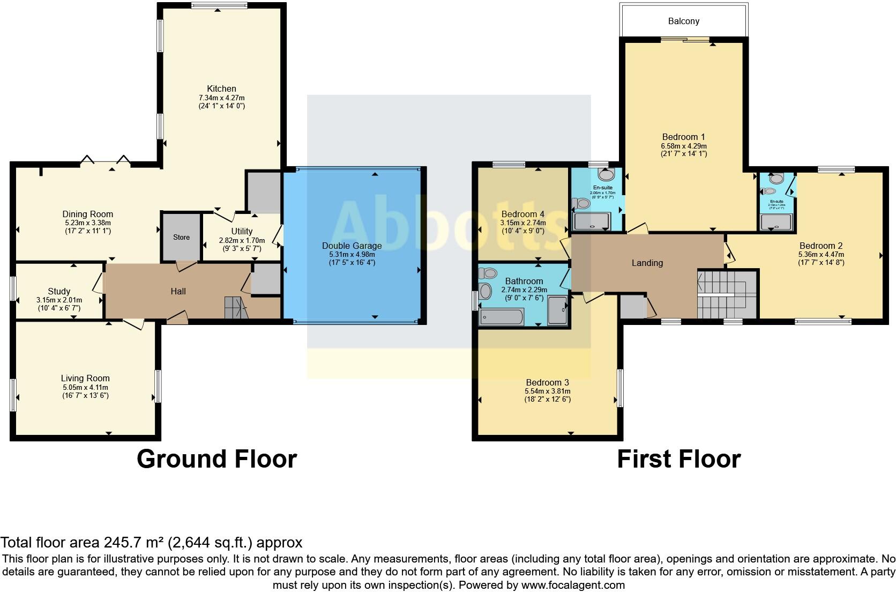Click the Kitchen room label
221,88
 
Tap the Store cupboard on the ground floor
181,237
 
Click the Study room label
59,292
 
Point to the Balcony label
683,21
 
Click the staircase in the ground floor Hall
235,308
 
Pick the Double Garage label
352,246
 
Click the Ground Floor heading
216,459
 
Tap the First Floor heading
678,459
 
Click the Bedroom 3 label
547,382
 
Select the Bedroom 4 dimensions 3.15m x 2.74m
522,223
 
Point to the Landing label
647,263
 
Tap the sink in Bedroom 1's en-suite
606,174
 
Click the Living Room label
85,378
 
